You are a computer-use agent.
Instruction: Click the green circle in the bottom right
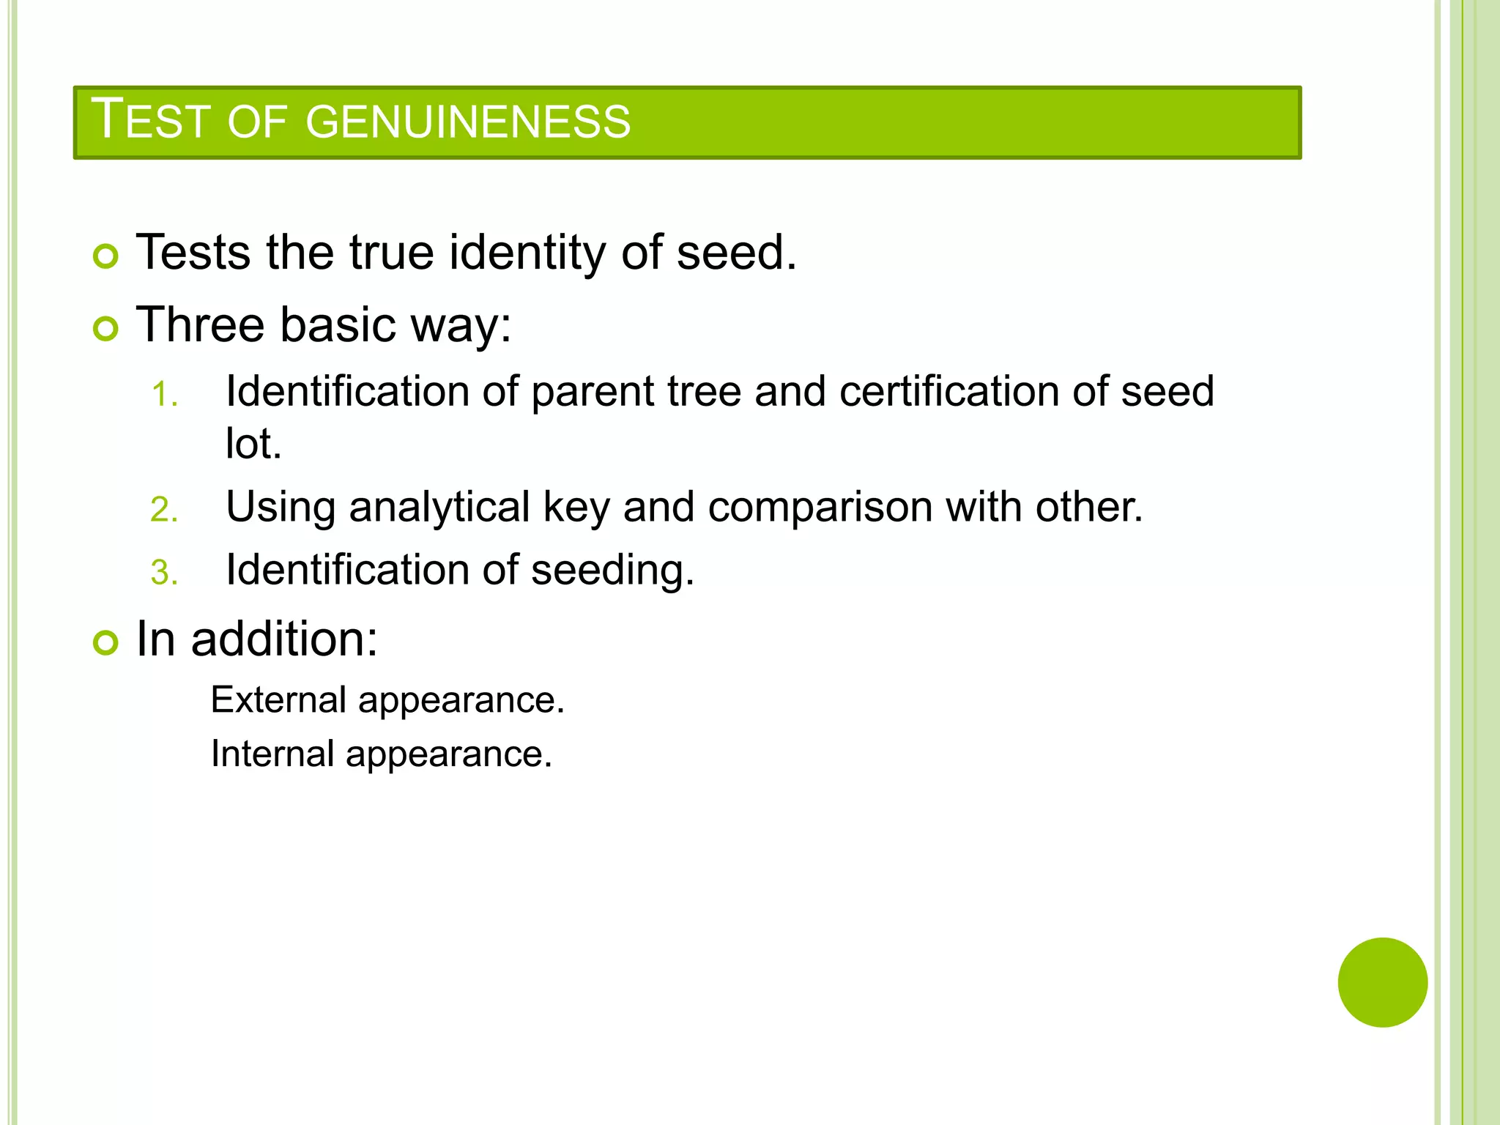pyautogui.click(x=1382, y=982)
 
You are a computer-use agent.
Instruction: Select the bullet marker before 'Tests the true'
pyautogui.click(x=105, y=256)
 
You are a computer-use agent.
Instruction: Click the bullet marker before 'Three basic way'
pyautogui.click(x=105, y=329)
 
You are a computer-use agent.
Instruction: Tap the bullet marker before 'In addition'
pyautogui.click(x=105, y=643)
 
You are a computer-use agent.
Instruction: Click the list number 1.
pyautogui.click(x=163, y=396)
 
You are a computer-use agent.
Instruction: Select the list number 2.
pyautogui.click(x=163, y=510)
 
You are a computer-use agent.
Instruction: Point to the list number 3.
pyautogui.click(x=163, y=573)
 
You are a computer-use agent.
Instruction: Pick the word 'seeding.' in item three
pyautogui.click(x=612, y=570)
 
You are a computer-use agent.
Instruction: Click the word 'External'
pyautogui.click(x=278, y=699)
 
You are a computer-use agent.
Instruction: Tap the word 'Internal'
pyautogui.click(x=272, y=754)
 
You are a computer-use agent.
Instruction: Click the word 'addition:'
pyautogui.click(x=284, y=639)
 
